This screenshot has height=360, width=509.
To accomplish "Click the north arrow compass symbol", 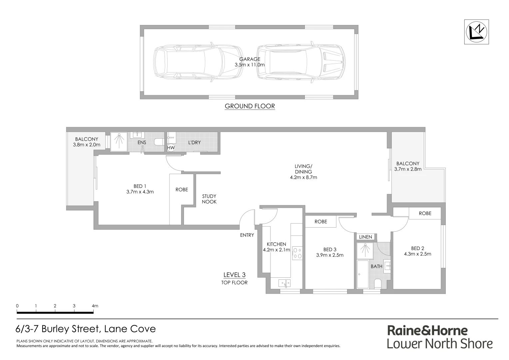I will point(476,32).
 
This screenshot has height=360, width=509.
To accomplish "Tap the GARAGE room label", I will point(250,59).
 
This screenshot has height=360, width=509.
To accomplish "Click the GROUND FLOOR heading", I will point(250,106).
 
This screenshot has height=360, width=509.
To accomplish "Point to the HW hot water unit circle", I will point(171,148).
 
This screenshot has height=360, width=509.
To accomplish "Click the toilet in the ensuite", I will point(159,143).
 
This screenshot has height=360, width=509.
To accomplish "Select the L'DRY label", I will point(195,142).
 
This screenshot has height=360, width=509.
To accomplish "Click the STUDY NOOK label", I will point(209,199).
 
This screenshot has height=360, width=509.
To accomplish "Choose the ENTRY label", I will point(247,235).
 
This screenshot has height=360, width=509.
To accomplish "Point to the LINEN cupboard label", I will point(365,237).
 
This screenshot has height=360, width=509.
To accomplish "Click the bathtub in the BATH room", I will point(363,274).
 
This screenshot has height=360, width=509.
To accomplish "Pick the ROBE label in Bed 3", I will point(320,222).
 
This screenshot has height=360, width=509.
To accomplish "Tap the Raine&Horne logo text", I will point(427,330).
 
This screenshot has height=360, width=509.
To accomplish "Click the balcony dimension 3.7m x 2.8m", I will point(408,169).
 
